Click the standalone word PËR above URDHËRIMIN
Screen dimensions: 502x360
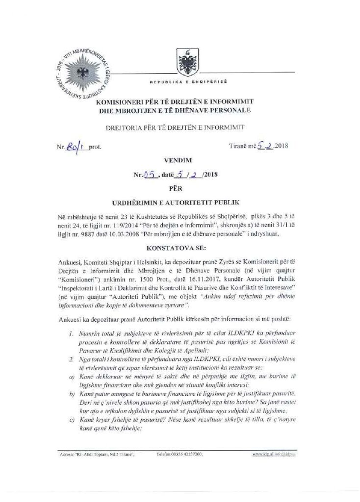[x=178, y=187]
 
